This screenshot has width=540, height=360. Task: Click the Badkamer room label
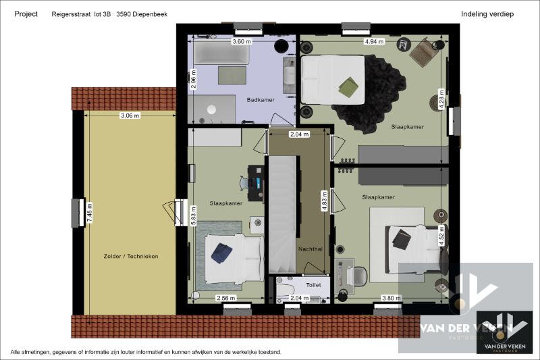click(x=260, y=100)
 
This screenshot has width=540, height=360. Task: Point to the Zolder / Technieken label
click(x=131, y=257)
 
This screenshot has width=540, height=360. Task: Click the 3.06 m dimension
click(x=130, y=115)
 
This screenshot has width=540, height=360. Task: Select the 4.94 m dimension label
click(x=374, y=42)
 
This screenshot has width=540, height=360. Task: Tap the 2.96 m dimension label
click(x=193, y=79)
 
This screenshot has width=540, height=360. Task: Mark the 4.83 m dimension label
click(x=325, y=201)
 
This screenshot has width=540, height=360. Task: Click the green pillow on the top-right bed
click(x=348, y=86)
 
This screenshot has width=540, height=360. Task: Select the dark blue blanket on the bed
click(x=221, y=252)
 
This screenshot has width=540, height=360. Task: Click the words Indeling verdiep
click(x=488, y=14)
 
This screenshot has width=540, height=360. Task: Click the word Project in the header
click(x=26, y=14)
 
